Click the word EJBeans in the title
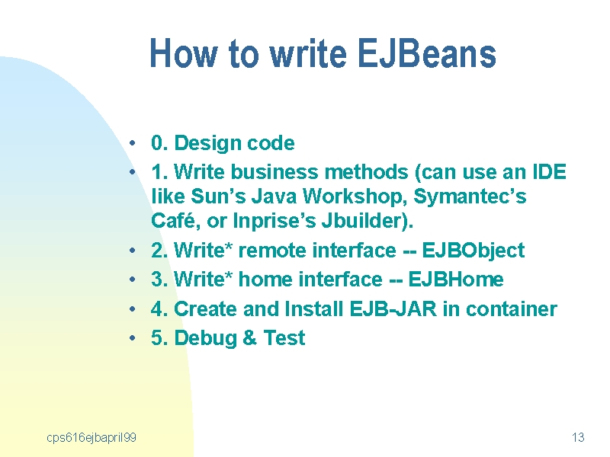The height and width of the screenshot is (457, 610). [x=426, y=53]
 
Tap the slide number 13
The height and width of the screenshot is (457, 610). [x=578, y=437]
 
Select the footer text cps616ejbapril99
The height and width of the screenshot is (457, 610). [x=91, y=438]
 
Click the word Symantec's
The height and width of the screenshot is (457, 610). [x=470, y=197]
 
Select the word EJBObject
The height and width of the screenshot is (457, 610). [x=473, y=251]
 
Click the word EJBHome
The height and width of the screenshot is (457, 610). [x=455, y=279]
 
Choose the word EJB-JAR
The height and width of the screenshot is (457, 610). [x=393, y=309]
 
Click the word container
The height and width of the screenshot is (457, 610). [x=511, y=309]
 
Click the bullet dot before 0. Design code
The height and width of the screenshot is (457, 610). [x=133, y=143]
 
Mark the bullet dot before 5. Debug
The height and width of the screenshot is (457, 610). [x=133, y=338]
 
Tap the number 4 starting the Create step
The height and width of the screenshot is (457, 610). [x=157, y=309]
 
